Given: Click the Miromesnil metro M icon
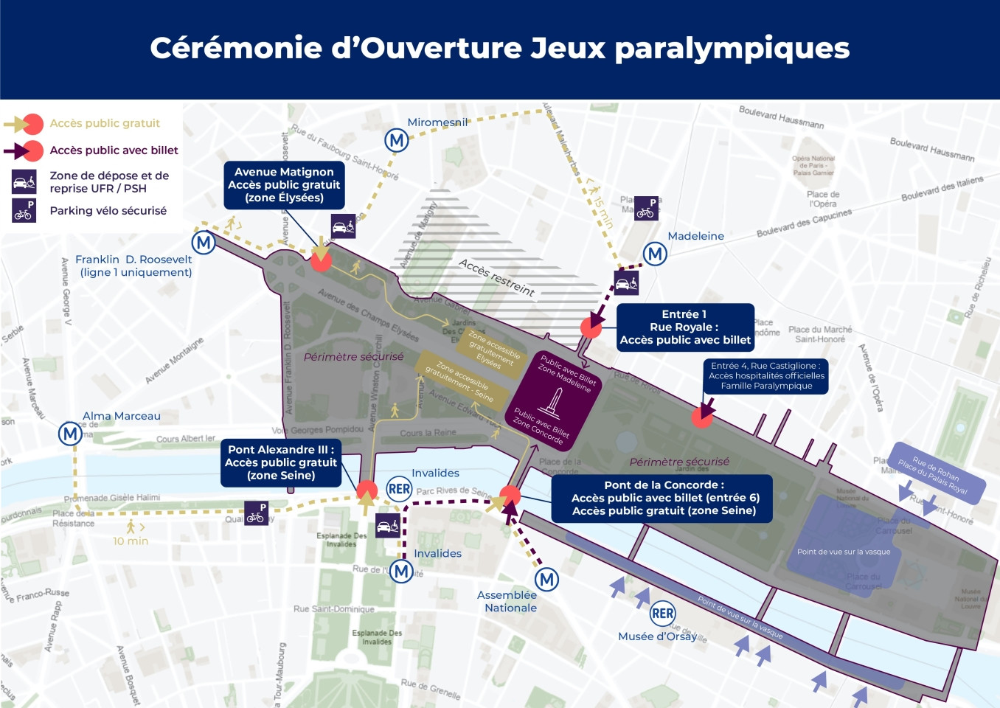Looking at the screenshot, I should click(x=397, y=140).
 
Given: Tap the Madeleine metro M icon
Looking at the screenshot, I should click(x=655, y=254).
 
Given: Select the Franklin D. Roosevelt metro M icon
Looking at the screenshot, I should click(x=204, y=243).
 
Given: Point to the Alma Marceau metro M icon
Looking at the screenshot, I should click(x=70, y=434).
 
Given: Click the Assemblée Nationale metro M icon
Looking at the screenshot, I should click(x=546, y=580).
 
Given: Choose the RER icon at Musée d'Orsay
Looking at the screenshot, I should click(x=662, y=613).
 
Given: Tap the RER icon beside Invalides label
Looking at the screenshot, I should click(x=399, y=489).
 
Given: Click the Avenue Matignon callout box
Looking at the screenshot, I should click(x=284, y=185).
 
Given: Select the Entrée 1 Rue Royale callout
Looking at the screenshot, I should click(x=685, y=327).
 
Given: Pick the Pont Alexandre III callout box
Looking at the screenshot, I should click(x=281, y=462).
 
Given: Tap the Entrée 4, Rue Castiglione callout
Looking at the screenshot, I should click(x=766, y=375).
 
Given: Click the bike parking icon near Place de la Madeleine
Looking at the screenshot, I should click(x=646, y=208).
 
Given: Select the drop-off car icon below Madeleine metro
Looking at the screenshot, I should click(x=626, y=282).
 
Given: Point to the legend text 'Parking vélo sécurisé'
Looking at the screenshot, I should click(x=108, y=211).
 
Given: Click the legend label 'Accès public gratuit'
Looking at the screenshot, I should click(x=105, y=123).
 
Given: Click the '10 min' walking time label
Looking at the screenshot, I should click(x=131, y=541).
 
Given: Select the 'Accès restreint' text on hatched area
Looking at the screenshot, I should click(x=496, y=277).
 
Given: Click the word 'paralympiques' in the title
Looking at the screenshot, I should click(x=732, y=49).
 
